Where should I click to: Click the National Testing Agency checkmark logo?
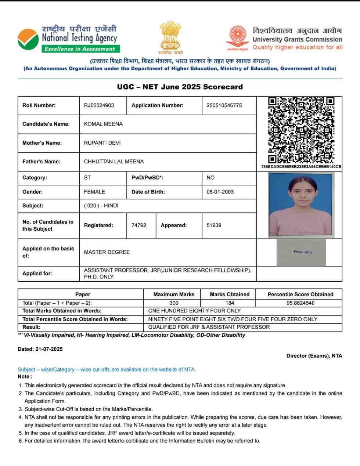28,39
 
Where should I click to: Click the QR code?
301,130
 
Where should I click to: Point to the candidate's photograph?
301,205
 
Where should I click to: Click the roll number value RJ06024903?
99,105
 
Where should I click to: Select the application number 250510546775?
224,105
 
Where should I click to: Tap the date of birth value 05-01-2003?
220,192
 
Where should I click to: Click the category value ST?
87,178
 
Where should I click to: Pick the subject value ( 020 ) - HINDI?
101,206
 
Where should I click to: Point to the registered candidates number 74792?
139,225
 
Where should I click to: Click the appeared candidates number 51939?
214,225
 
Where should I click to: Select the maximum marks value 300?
174,303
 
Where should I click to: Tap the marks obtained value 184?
230,303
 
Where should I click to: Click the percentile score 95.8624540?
300,303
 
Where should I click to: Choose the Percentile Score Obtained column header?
300,295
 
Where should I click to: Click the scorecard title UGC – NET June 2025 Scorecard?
180,87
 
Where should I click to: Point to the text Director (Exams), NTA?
314,356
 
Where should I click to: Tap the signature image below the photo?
302,253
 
